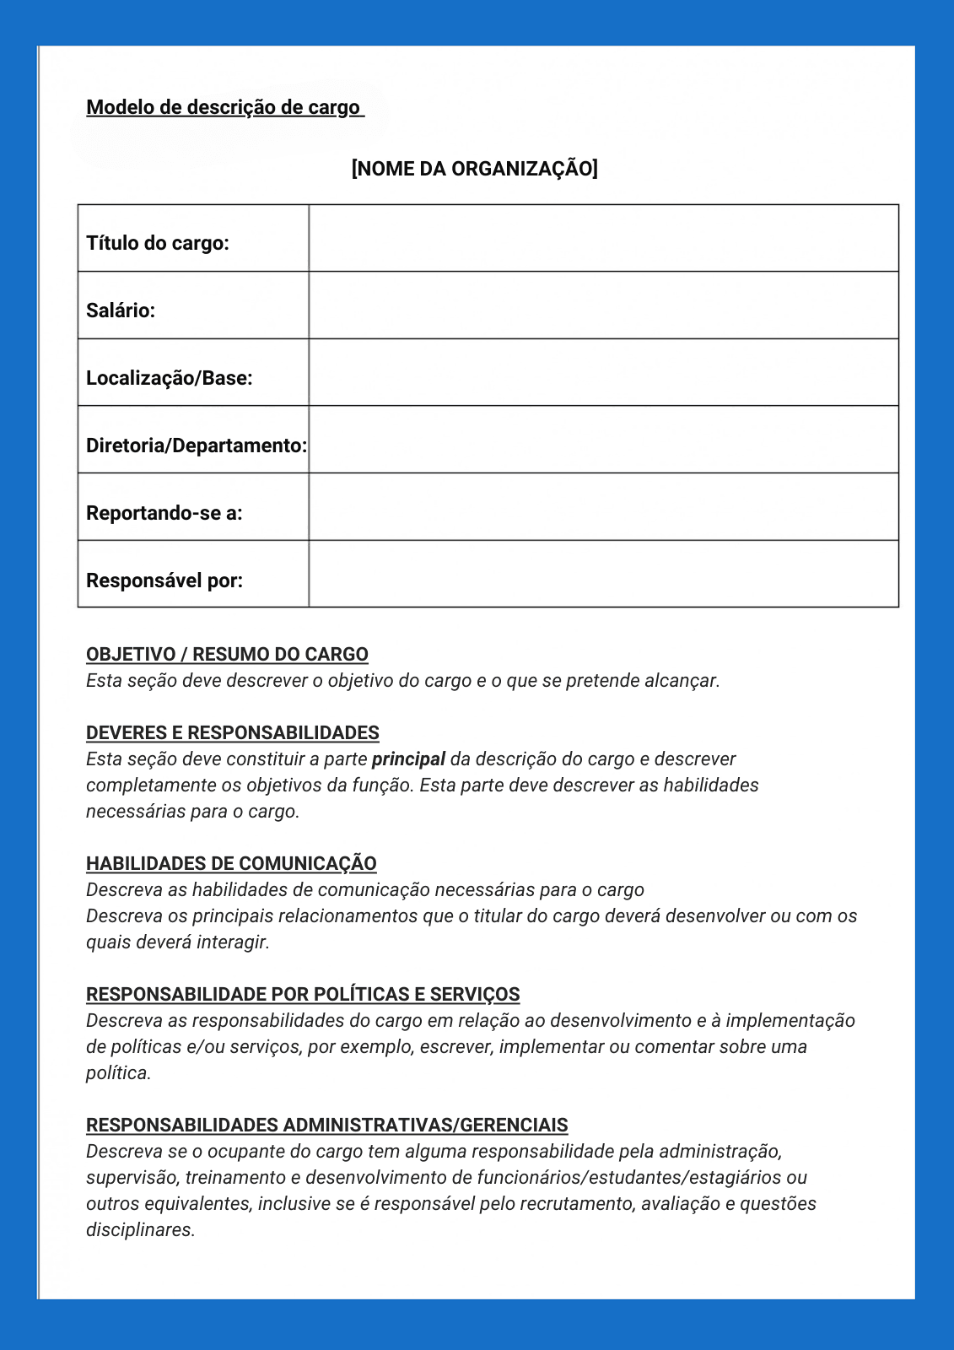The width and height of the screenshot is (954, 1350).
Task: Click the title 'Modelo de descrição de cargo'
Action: [224, 108]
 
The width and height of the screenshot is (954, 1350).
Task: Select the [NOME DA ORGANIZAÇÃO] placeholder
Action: [474, 169]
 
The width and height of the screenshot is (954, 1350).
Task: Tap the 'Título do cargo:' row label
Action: [158, 243]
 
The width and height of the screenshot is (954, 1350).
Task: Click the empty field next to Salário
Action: [603, 305]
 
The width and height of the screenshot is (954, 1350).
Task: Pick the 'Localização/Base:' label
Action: [170, 378]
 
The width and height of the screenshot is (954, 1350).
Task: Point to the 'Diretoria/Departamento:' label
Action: [196, 445]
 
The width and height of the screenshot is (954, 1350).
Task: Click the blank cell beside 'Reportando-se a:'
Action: [603, 507]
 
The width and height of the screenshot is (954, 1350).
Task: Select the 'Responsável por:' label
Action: [164, 580]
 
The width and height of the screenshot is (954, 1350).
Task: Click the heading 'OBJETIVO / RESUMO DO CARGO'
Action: [227, 655]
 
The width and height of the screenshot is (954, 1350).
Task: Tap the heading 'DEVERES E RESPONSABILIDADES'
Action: [233, 733]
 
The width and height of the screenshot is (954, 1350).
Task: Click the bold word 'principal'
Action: [408, 759]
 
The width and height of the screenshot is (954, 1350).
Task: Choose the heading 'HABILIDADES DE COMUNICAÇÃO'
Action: [231, 864]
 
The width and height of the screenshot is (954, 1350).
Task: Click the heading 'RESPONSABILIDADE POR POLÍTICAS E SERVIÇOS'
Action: [303, 995]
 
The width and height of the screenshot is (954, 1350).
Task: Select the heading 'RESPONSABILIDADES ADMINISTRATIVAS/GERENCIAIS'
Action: [326, 1126]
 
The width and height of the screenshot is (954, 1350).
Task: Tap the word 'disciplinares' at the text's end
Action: [139, 1230]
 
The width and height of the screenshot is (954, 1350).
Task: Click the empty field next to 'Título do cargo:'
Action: [603, 238]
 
